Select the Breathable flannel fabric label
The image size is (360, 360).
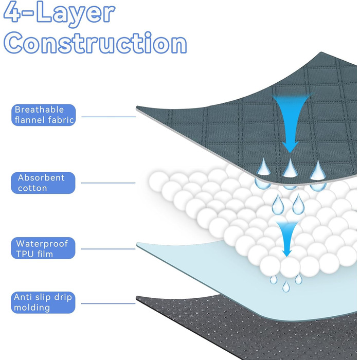pos(44,115)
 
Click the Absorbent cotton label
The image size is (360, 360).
pos(44,183)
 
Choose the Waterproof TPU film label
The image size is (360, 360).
pos(44,248)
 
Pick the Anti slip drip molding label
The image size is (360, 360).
pos(44,302)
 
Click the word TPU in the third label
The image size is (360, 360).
pos(25,254)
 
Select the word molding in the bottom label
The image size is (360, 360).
pos(32,308)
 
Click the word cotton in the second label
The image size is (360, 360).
pos(32,189)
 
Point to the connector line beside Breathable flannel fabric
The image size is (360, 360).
pos(108,117)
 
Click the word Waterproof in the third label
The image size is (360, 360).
pos(42,243)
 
